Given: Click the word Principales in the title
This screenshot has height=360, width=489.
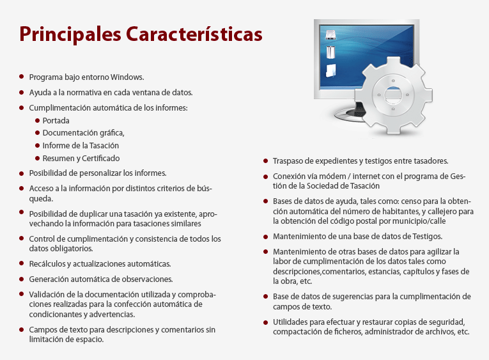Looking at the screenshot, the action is pos(70,35).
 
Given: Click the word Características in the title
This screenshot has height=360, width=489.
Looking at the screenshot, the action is pos(194,33).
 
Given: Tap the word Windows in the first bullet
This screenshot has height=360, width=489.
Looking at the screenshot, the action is pos(127,77).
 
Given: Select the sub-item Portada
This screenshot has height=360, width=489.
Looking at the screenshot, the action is pos(56,121).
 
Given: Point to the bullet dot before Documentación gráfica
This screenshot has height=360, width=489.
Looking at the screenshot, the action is pos(38,133).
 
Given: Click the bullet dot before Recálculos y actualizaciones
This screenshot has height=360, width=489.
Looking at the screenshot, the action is pos(22,263).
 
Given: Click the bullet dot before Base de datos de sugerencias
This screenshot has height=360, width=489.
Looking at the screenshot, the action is pos(266,297).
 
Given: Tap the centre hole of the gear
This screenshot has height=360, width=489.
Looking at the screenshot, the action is pos(393,94).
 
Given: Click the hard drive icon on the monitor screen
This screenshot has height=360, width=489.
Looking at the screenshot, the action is pos(330,35).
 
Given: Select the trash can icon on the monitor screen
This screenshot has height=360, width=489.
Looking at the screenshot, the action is pos(330,52).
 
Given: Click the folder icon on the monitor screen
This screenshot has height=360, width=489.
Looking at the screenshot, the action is pos(330,71).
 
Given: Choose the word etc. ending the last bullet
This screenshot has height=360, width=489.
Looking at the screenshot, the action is pos(463,332).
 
